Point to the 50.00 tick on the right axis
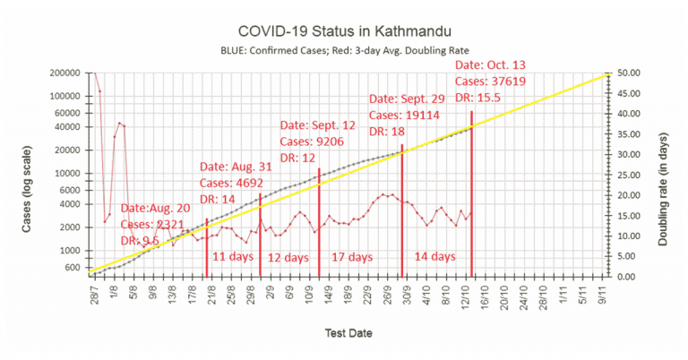click(629, 73)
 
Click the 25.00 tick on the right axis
click(629, 175)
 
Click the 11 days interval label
click(233, 256)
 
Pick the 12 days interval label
click(288, 257)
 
